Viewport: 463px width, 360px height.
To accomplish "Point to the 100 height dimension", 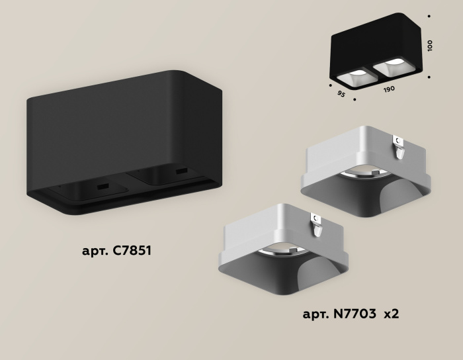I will (x=430, y=46).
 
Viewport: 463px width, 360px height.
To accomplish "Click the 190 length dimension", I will (x=389, y=88).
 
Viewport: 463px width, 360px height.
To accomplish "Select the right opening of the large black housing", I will (x=165, y=175).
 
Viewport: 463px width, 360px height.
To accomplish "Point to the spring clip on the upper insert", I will (x=398, y=147).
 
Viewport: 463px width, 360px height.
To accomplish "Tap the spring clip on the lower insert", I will (x=317, y=224).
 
